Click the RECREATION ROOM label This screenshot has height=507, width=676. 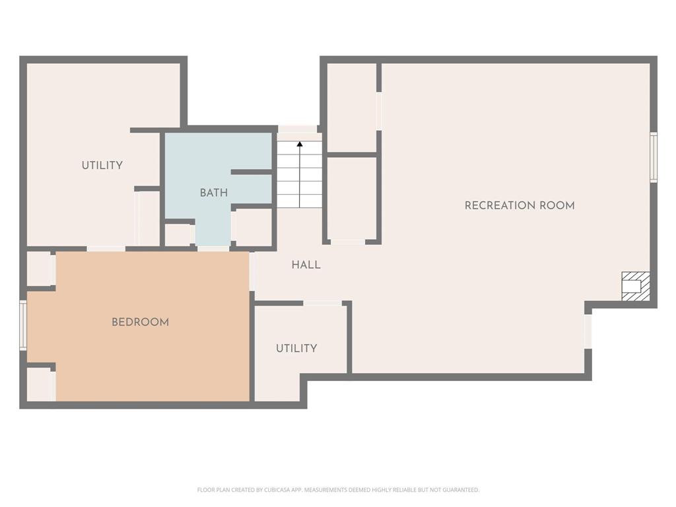520,206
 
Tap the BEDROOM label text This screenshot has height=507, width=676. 140,322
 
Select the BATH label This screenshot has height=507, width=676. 214,193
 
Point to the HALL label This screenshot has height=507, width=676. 306,265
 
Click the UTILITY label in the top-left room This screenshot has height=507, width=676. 102,165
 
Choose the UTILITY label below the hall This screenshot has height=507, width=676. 296,349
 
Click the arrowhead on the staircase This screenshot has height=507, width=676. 300,144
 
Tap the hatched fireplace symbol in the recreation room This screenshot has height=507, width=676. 636,287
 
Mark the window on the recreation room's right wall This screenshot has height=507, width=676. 654,157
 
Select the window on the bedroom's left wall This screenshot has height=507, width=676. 23,325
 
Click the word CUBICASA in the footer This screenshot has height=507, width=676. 283,490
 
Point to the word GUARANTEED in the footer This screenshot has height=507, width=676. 463,490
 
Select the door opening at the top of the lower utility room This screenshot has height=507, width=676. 323,304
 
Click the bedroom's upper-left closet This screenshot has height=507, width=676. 40,269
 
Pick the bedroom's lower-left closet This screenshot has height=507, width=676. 41,384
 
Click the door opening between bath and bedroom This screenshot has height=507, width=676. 213,249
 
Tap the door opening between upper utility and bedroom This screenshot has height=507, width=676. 106,249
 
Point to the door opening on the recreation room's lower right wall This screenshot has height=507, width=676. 588,331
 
